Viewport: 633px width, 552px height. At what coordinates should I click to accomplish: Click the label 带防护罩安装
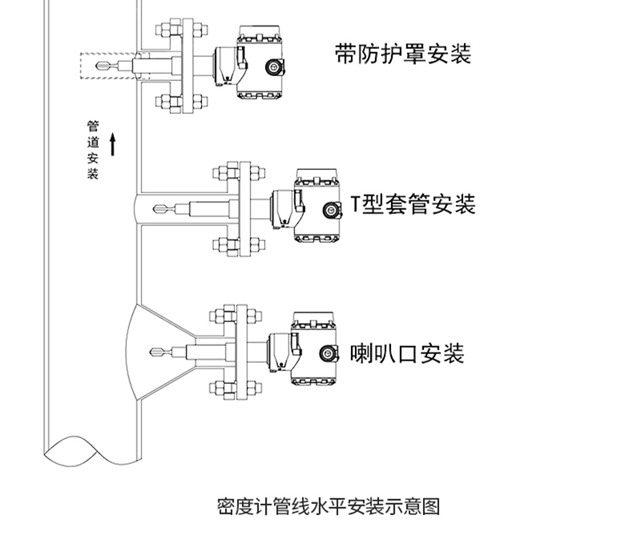[403, 54]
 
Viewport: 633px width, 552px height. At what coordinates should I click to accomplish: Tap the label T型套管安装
[413, 203]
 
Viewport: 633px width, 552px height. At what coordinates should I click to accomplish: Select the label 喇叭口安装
[407, 353]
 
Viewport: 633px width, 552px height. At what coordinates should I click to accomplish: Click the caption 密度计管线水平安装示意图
[329, 506]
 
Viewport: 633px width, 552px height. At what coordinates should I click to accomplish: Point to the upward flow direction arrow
[113, 144]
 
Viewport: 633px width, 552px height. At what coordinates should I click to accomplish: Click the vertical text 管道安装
[93, 150]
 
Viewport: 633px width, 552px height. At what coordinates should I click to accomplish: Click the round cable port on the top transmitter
[274, 67]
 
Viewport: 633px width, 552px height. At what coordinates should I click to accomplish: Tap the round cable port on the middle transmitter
[331, 210]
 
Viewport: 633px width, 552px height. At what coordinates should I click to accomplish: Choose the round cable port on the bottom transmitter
[328, 353]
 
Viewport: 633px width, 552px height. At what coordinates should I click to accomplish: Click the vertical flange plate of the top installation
[187, 66]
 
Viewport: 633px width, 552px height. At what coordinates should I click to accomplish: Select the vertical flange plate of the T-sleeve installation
[245, 209]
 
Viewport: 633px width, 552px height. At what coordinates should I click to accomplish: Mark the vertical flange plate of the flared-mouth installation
[241, 353]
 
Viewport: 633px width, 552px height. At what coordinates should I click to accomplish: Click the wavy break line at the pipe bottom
[93, 451]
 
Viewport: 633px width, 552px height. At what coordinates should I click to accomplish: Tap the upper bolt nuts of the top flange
[182, 30]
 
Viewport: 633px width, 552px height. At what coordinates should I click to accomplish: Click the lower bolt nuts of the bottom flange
[236, 389]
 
